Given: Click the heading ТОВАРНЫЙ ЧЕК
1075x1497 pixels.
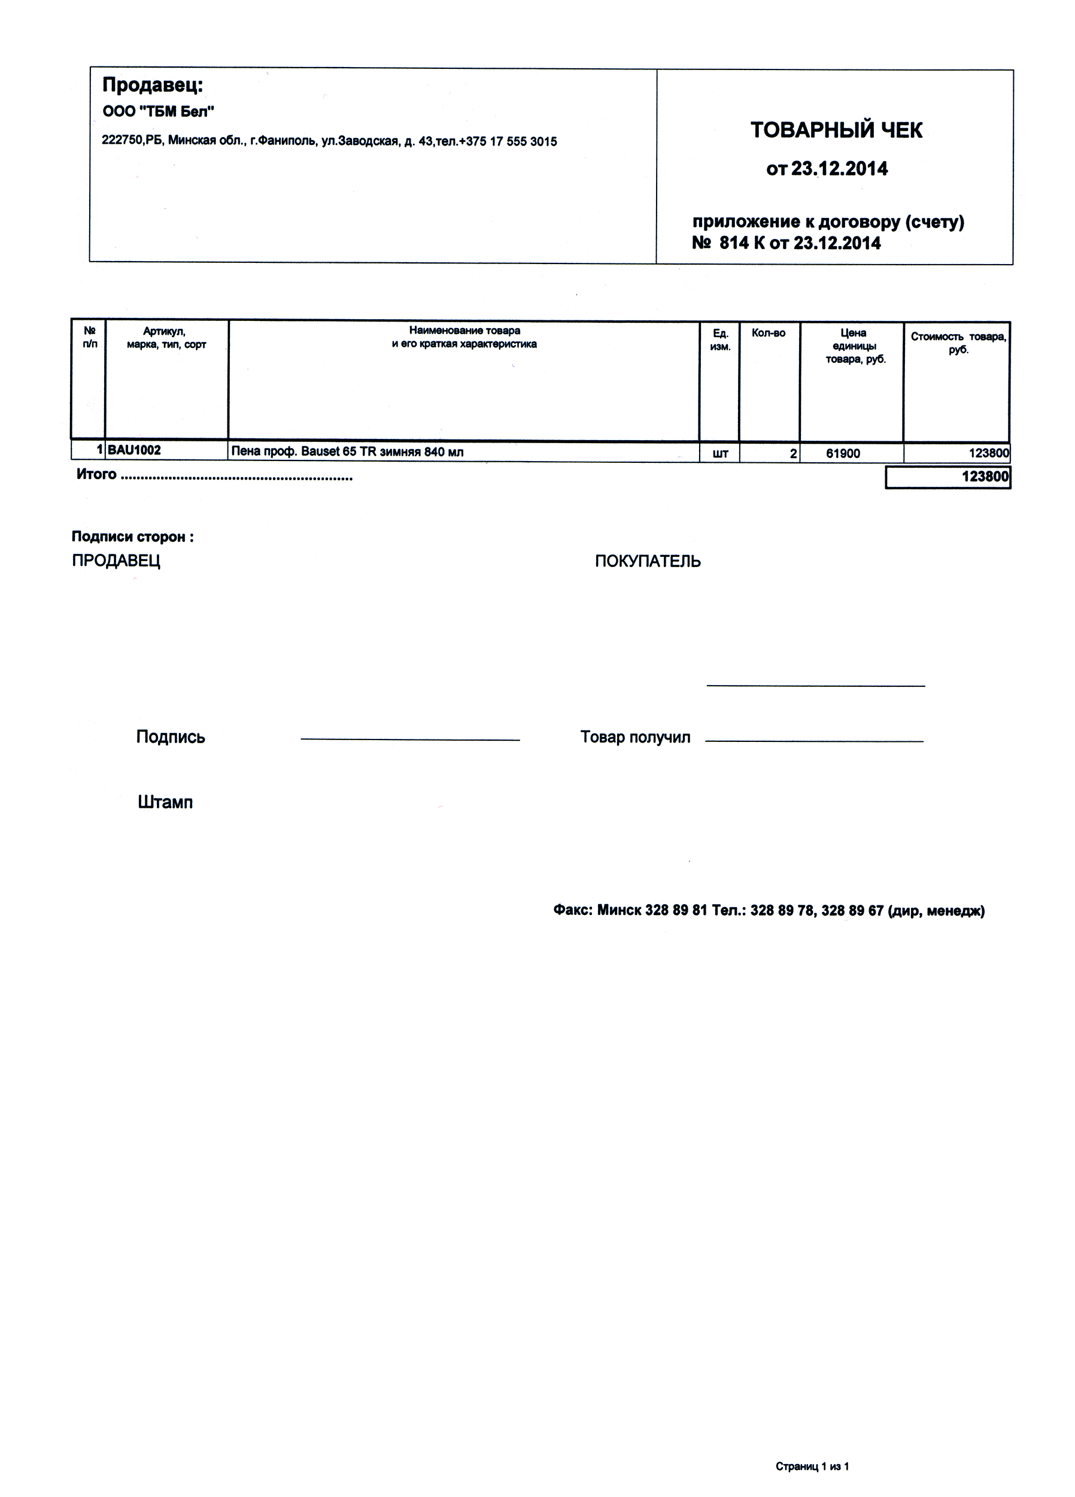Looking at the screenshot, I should [x=836, y=130].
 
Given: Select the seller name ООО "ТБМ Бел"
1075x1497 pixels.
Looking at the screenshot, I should [x=159, y=111].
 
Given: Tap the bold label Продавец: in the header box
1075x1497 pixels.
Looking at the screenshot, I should [x=153, y=85].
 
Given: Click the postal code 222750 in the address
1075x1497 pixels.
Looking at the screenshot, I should [x=122, y=141].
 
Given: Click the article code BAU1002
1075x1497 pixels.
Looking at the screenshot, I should [x=134, y=450].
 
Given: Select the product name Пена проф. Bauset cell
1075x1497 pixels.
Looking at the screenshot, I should [x=347, y=452].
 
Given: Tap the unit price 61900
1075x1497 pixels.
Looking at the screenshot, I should [x=843, y=453].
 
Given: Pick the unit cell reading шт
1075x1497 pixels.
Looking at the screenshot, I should [x=720, y=453].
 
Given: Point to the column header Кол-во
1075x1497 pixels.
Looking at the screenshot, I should [x=768, y=334].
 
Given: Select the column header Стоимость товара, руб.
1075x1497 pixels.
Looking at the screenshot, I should [x=958, y=343].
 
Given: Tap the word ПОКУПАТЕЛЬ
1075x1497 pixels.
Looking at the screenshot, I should [x=648, y=561].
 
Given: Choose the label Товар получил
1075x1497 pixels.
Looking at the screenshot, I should [x=635, y=737].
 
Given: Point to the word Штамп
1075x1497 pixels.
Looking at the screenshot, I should [x=165, y=802].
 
